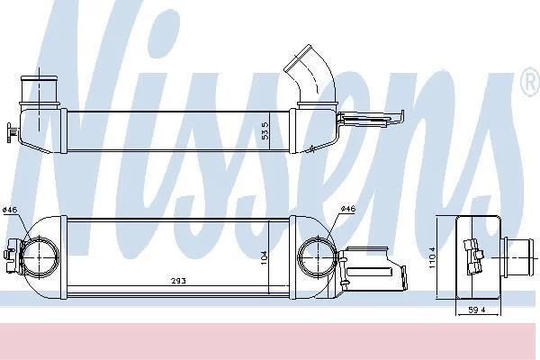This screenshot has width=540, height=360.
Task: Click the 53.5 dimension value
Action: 265,130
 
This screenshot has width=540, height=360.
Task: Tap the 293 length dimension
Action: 179,281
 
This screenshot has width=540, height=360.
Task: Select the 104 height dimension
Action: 264,257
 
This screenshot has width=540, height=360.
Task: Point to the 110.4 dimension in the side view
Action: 433,257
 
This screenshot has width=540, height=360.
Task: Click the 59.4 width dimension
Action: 477,310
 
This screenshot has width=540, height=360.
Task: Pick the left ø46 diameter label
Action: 10,209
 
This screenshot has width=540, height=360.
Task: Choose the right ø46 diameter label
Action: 347,209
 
